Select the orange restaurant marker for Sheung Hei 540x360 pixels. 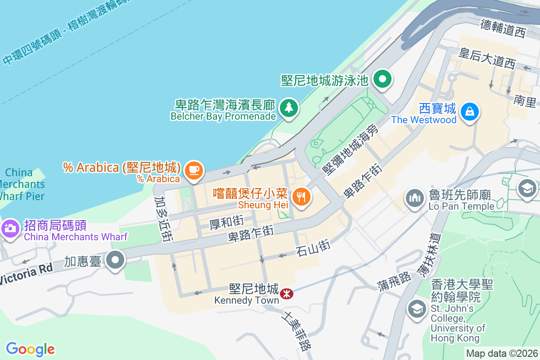coord(300,197)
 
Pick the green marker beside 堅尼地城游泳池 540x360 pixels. coord(382,80)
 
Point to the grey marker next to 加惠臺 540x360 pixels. coord(116,260)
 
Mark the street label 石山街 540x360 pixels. coord(313,248)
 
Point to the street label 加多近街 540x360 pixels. coord(162,219)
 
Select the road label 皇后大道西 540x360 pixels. coord(486,58)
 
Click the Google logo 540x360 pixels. coord(30,349)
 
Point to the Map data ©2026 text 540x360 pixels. coord(502,353)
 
